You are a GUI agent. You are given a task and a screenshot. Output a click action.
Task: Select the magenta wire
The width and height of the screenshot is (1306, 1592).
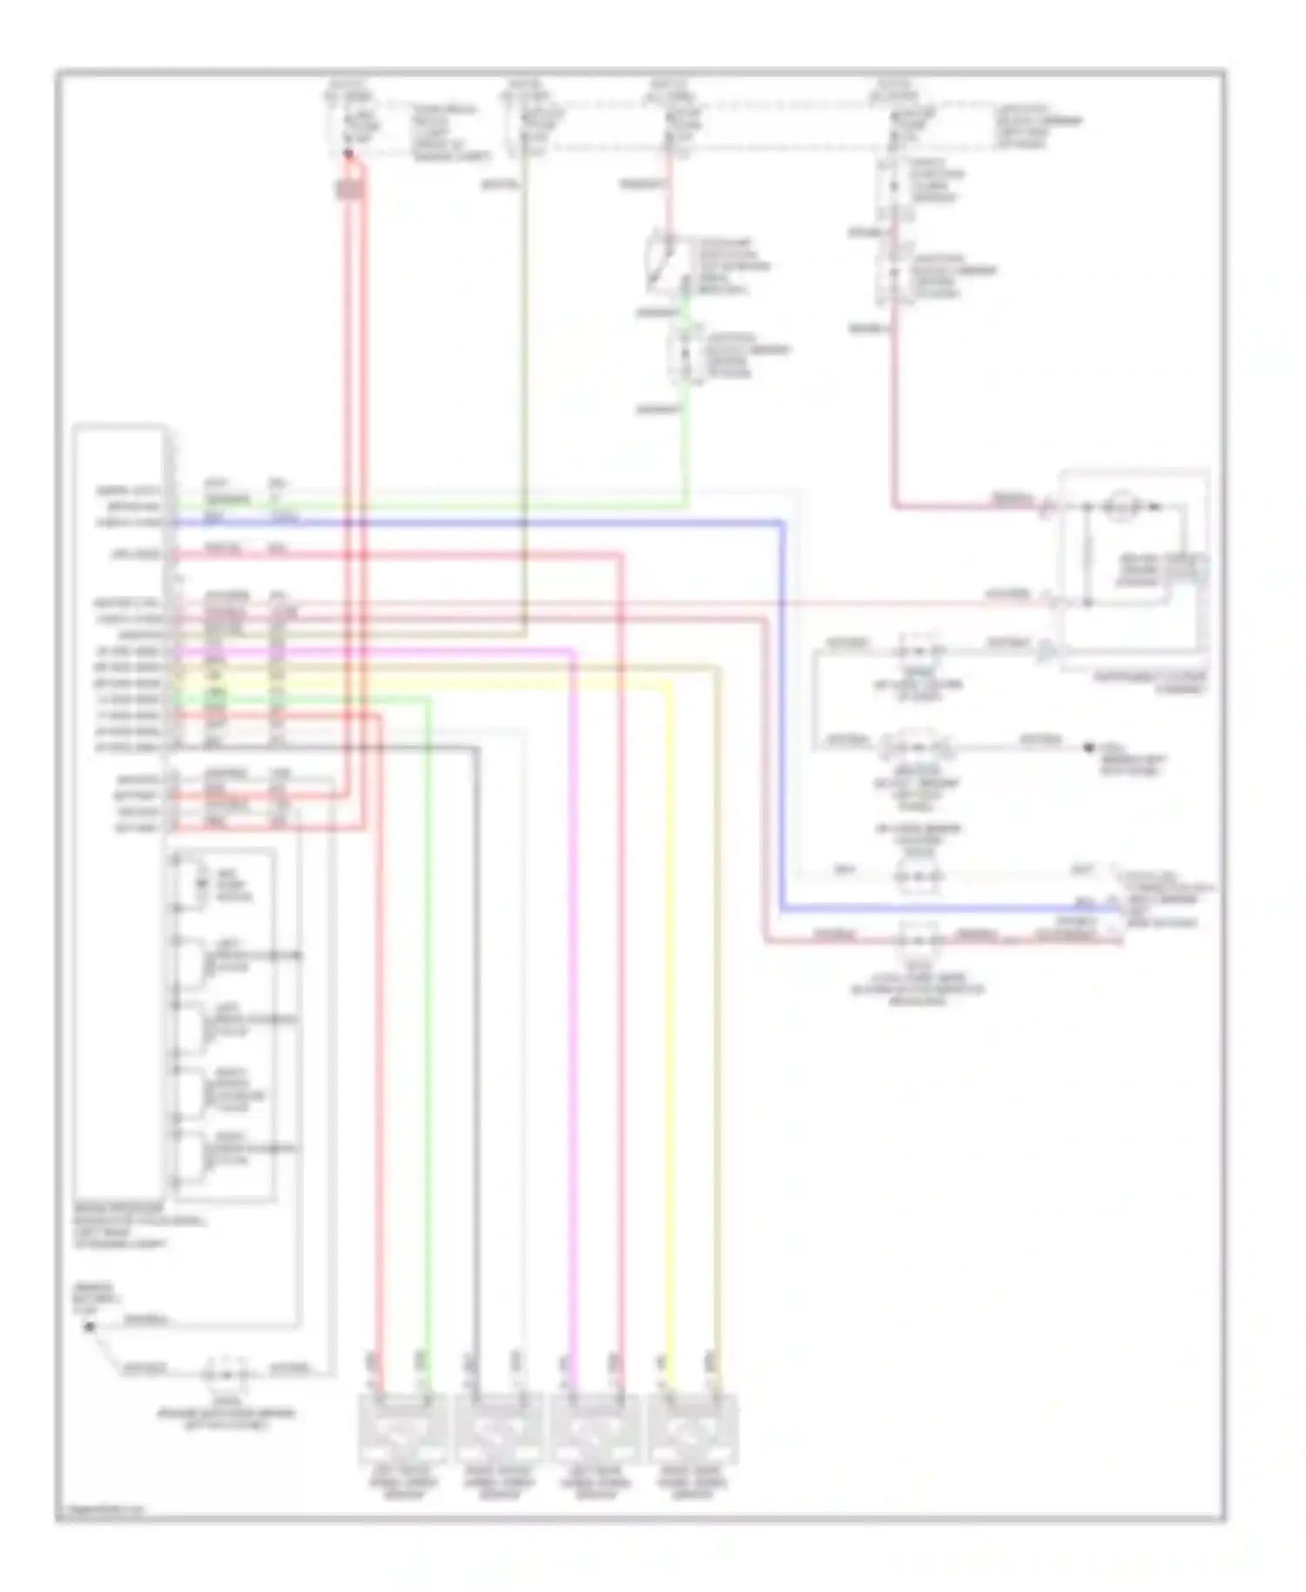tap(572, 958)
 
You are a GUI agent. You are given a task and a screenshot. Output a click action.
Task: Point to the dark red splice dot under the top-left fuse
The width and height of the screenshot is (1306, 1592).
tap(348, 154)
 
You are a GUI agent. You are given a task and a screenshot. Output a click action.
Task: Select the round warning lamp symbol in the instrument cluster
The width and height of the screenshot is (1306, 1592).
tap(1119, 506)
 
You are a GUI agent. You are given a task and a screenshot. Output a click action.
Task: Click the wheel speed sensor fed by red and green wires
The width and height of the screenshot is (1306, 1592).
tap(403, 1428)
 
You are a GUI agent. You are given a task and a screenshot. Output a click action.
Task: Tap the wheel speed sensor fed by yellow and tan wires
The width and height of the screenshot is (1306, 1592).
tap(693, 1428)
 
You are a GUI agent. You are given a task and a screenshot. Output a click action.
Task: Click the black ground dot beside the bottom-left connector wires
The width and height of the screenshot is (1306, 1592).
tap(88, 1326)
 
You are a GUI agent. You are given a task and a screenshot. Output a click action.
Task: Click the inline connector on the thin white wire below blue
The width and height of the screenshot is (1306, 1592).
tap(919, 874)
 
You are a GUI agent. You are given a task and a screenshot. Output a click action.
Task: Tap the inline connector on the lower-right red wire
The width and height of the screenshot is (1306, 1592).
tap(919, 940)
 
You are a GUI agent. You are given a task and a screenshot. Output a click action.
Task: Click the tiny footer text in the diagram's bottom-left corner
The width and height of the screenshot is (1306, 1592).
tap(100, 1509)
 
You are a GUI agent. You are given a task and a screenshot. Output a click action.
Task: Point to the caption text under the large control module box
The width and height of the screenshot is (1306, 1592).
tap(131, 1226)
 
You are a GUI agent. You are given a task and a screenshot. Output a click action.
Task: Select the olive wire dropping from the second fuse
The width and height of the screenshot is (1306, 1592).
tap(524, 392)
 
